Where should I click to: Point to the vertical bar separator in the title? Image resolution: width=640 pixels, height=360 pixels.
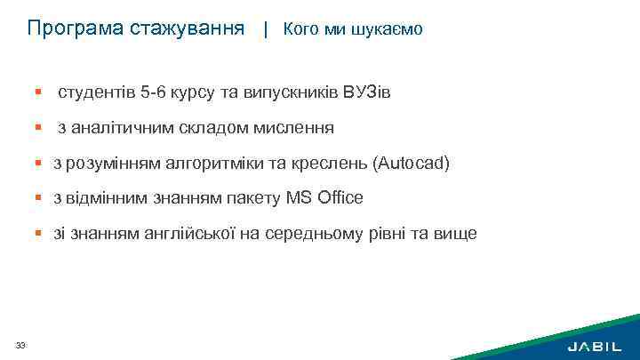click(x=265, y=29)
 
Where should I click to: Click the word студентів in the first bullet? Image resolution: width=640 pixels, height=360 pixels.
click(x=96, y=92)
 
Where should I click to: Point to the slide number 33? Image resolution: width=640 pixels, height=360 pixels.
click(x=20, y=345)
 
